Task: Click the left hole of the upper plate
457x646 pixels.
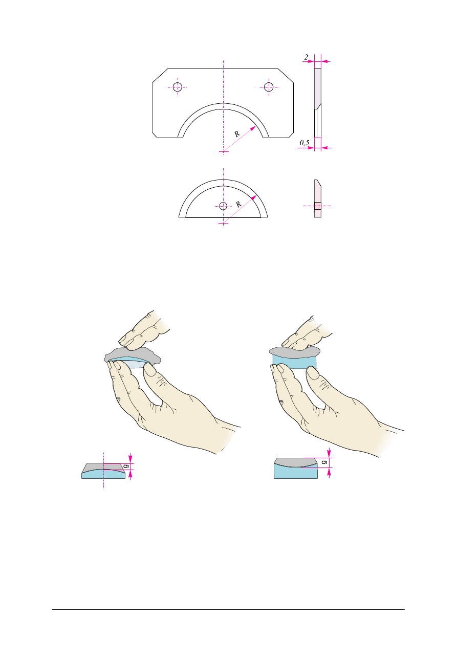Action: click(x=178, y=87)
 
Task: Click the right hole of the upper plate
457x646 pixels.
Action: click(x=269, y=87)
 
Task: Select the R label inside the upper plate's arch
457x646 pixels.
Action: click(x=237, y=134)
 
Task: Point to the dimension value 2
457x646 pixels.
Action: click(x=306, y=57)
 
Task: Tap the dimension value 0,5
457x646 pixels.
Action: click(x=304, y=143)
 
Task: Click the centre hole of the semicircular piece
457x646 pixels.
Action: click(x=223, y=206)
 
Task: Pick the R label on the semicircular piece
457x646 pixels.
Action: click(x=238, y=205)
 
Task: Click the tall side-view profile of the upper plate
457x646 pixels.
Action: click(x=318, y=103)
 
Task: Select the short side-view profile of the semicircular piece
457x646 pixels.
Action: click(x=318, y=198)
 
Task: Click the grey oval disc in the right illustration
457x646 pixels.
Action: click(x=294, y=352)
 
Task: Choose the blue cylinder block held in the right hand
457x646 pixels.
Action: click(x=294, y=363)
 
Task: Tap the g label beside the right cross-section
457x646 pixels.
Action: click(x=324, y=462)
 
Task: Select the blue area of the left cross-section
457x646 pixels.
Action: click(x=103, y=475)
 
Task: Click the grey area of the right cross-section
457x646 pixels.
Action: click(x=296, y=462)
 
